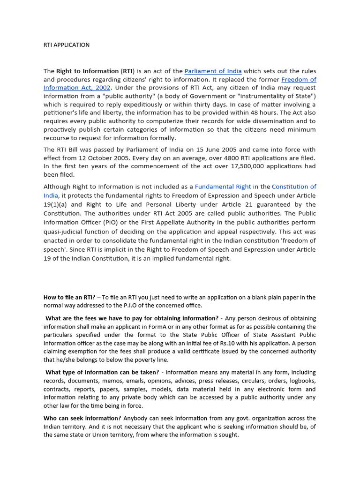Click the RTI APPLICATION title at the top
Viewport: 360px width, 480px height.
click(x=66, y=45)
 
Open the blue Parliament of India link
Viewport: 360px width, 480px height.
click(x=213, y=71)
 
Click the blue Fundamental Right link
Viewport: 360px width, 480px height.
click(x=223, y=187)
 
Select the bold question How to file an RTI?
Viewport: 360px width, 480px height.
click(x=69, y=297)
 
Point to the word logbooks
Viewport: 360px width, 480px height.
click(x=301, y=381)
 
